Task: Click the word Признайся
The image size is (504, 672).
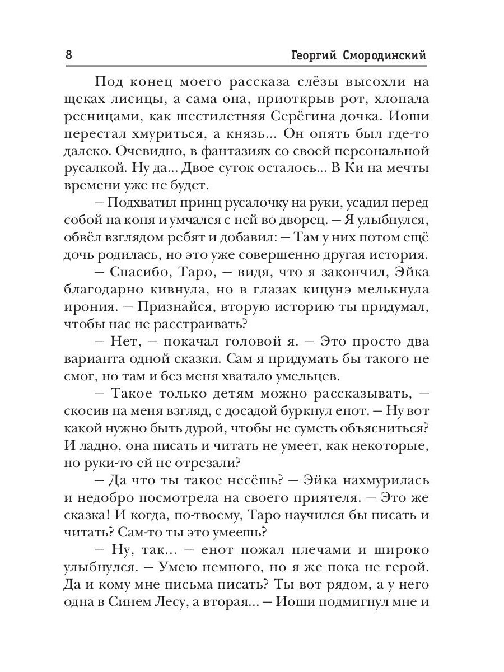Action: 187,309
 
